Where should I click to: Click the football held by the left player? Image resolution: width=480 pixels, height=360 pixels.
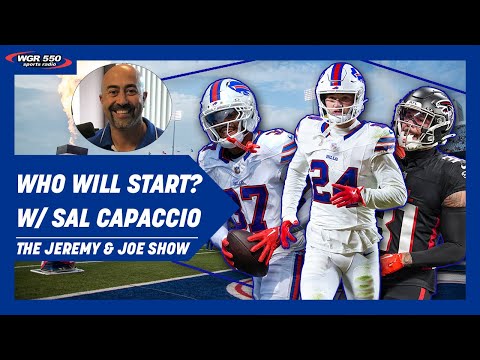click(246, 250)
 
